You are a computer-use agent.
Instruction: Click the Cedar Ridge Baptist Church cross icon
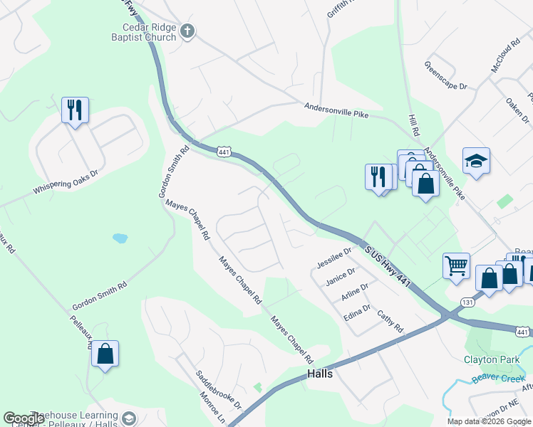coord(187,31)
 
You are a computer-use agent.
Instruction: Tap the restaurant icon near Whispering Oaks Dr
coord(75,110)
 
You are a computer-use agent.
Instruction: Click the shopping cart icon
coord(456,266)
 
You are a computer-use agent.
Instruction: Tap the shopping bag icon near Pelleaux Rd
coord(105,353)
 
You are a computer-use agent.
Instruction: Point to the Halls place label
coord(320,374)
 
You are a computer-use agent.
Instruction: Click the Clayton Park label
coord(492,360)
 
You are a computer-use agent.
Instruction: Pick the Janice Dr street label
coord(340,278)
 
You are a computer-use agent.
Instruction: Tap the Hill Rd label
coord(413,125)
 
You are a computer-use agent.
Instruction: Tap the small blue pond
coord(120,238)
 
